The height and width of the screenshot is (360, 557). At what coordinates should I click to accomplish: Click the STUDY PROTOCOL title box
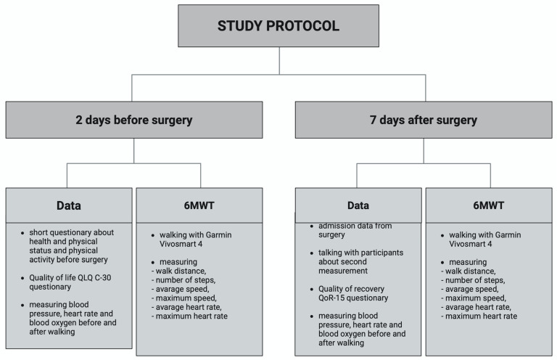click(x=278, y=25)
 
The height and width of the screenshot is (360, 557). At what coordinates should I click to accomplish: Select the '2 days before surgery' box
click(x=134, y=120)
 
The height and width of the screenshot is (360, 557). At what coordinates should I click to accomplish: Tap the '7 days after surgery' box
click(x=424, y=120)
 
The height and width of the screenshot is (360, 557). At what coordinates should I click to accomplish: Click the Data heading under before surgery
click(x=69, y=205)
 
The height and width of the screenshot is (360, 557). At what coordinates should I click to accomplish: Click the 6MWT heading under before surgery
click(x=199, y=205)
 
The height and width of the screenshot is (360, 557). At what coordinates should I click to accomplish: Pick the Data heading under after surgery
click(x=358, y=205)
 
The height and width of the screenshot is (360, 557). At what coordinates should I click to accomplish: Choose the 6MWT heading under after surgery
click(x=488, y=205)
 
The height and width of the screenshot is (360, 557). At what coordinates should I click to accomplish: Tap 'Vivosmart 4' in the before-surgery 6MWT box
click(x=181, y=244)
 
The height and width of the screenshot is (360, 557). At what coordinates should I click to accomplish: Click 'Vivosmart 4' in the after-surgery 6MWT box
click(x=470, y=244)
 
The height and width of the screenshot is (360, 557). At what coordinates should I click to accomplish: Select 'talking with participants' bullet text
click(x=360, y=253)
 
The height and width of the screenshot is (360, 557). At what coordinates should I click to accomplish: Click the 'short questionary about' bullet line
click(x=71, y=232)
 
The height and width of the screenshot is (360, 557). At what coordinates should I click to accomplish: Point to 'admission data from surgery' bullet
click(x=355, y=230)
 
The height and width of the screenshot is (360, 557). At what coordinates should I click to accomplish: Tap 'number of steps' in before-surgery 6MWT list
click(x=185, y=280)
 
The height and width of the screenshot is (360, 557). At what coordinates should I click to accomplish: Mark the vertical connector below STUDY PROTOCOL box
click(x=279, y=61)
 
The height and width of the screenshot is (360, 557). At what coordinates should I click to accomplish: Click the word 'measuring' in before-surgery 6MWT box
click(x=178, y=262)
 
